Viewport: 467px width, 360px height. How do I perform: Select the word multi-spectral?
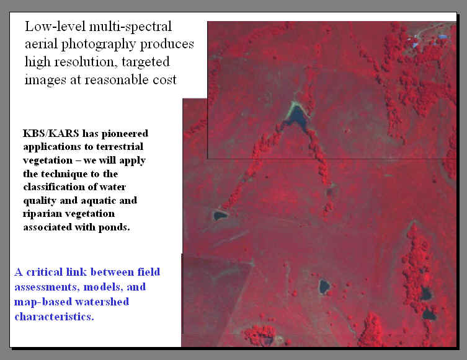pos(130,27)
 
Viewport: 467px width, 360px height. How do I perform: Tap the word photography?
pos(99,45)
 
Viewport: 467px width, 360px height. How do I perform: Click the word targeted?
pos(146,63)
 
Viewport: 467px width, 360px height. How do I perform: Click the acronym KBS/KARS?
pos(51,133)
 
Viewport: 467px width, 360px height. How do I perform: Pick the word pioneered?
pos(125,134)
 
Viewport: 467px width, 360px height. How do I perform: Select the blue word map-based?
pos(43,302)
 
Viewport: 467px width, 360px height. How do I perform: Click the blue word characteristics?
pos(54,317)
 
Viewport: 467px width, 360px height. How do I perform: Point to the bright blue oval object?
pos(443,37)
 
